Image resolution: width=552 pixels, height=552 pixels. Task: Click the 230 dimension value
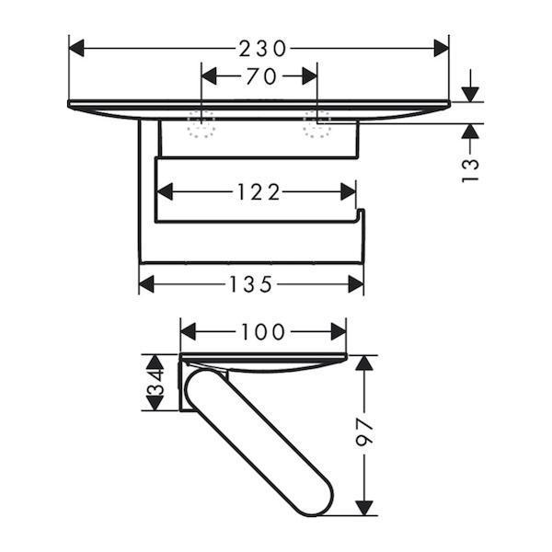(259, 47)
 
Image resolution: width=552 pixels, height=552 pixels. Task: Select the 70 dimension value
(259, 77)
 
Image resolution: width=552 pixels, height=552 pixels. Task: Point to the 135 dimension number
(250, 284)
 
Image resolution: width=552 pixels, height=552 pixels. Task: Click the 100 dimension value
(263, 331)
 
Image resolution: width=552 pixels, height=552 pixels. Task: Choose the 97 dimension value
(365, 433)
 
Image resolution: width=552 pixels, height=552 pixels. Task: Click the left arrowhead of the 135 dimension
(146, 284)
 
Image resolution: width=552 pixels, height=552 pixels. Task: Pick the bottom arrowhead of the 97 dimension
(365, 507)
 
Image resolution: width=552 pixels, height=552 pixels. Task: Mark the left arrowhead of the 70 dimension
(208, 77)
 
